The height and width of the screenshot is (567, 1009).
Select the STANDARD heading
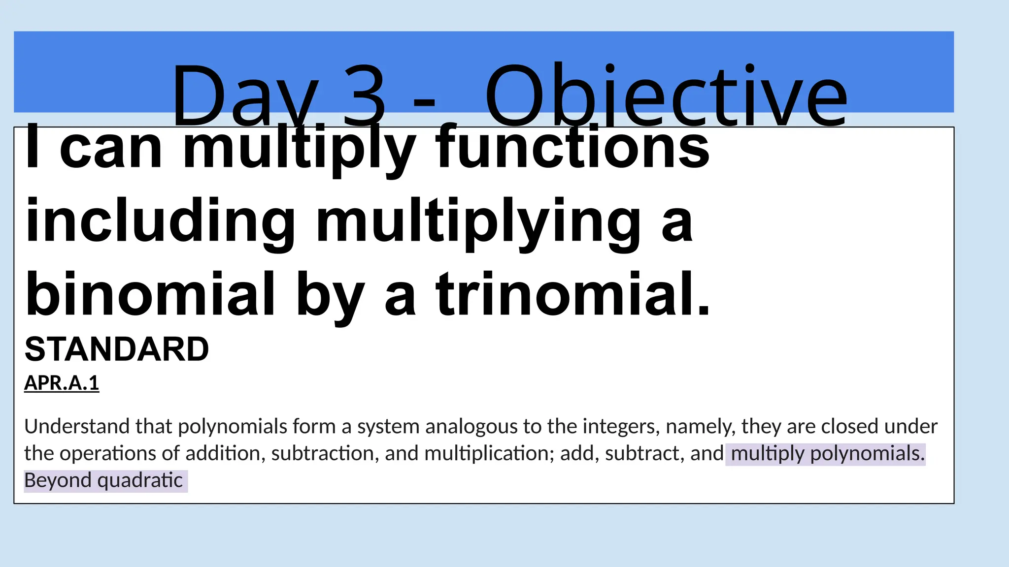point(117,349)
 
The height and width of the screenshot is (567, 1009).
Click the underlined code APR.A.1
point(62,383)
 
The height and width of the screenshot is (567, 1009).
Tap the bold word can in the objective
point(110,148)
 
